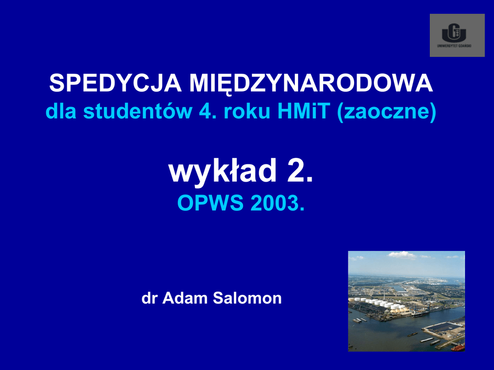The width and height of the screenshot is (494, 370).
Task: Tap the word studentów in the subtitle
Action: point(137,111)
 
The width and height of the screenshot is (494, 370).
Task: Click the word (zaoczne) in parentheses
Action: point(387,112)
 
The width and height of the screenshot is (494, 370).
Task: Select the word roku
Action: point(247,111)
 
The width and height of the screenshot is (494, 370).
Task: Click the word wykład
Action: point(222,172)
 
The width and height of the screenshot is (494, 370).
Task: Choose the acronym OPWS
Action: point(210,203)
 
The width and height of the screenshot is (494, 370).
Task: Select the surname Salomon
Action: point(247,298)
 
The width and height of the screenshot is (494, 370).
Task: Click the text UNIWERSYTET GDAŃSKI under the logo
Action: point(454,46)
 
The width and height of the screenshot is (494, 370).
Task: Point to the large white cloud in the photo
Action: point(402,255)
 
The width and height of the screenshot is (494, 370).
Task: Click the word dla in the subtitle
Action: point(61,111)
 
